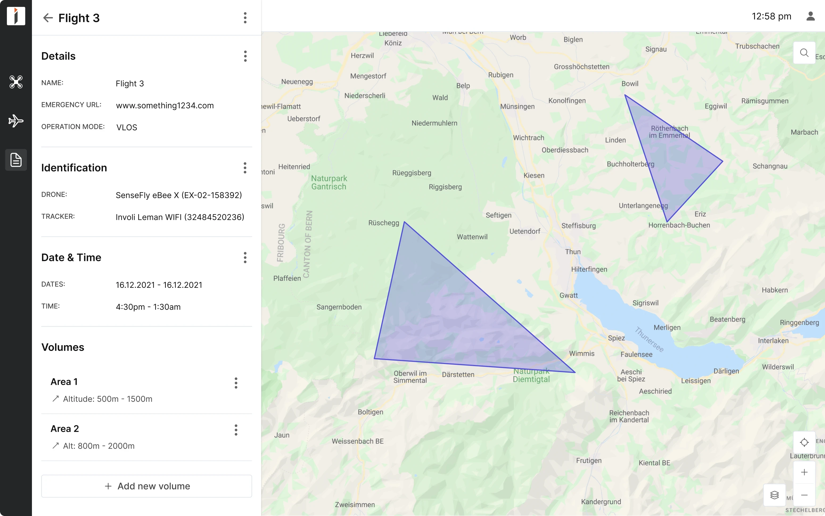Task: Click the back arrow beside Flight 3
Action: click(x=48, y=18)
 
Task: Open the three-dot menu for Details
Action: click(x=245, y=56)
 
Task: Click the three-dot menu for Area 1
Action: click(x=236, y=383)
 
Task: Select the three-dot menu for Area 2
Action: click(x=236, y=430)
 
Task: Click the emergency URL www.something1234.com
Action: click(x=165, y=105)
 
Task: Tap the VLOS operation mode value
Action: click(x=126, y=127)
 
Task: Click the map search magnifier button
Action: click(x=804, y=53)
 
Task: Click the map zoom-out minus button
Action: click(x=804, y=495)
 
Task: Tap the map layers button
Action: click(x=774, y=495)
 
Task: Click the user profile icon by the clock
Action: click(x=810, y=16)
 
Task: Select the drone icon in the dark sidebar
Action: click(x=16, y=82)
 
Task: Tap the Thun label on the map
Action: click(x=573, y=252)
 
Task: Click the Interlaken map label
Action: click(x=773, y=341)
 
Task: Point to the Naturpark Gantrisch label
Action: click(x=329, y=183)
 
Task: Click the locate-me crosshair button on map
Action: click(x=804, y=442)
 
